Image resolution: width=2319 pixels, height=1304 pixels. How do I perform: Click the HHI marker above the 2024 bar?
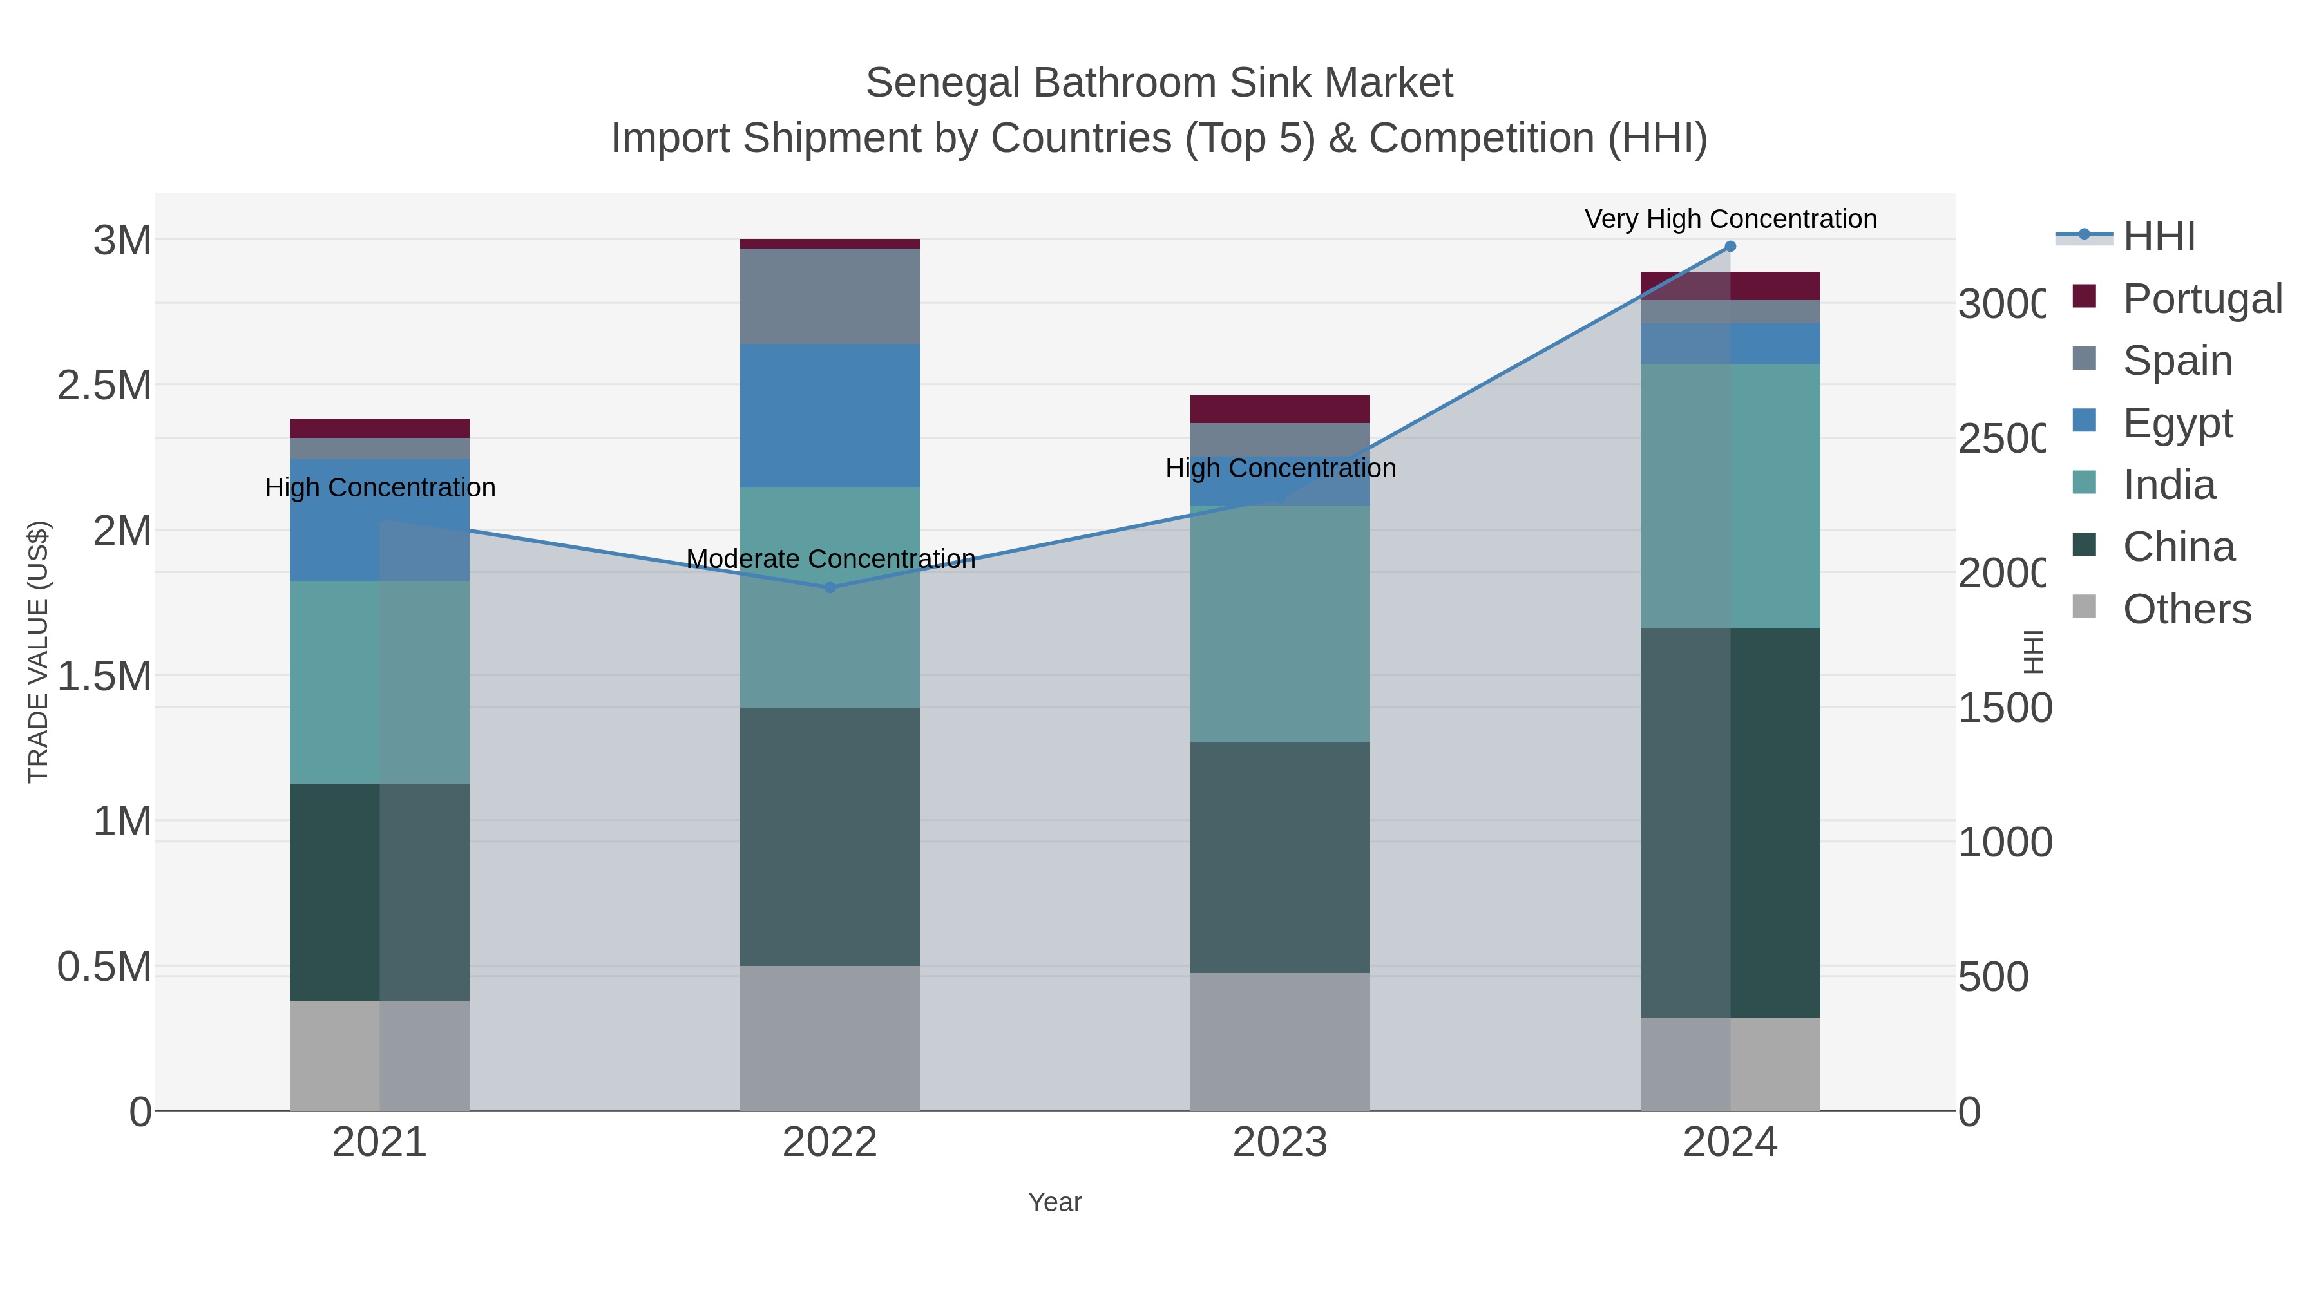[1730, 247]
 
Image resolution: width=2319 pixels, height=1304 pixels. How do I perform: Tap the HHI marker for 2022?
[830, 588]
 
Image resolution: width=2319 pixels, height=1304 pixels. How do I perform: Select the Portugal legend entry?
[2201, 299]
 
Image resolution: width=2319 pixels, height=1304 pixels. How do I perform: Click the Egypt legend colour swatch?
[2084, 420]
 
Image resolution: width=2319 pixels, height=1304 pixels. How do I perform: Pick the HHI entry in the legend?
[2159, 237]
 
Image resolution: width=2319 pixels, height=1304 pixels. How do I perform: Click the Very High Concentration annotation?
[1730, 220]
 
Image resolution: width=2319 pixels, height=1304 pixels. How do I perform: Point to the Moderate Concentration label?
[830, 559]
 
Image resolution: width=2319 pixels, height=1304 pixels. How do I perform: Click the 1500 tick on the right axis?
[2005, 708]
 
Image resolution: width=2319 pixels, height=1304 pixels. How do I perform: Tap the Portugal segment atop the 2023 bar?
[1279, 408]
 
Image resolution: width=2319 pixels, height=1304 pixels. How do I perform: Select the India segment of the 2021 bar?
[379, 681]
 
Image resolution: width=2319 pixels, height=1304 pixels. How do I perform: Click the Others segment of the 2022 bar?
[830, 1037]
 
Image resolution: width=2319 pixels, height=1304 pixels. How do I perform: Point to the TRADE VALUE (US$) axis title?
[39, 652]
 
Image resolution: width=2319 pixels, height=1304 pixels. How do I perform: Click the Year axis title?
[1054, 1202]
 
